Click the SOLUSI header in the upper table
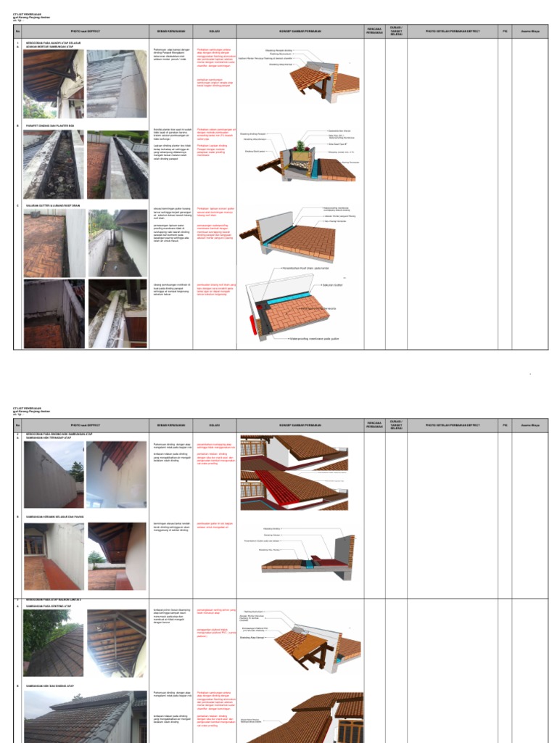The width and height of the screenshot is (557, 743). pyautogui.click(x=215, y=31)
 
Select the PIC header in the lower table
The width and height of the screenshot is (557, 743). pyautogui.click(x=505, y=424)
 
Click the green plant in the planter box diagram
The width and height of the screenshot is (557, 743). pyautogui.click(x=298, y=148)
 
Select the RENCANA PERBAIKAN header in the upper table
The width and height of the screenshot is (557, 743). pyautogui.click(x=375, y=30)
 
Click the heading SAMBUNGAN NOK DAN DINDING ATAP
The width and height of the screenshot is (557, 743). pyautogui.click(x=55, y=686)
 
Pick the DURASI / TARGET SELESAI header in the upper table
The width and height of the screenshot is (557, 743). pyautogui.click(x=397, y=30)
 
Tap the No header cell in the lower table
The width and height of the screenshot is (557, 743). pyautogui.click(x=18, y=424)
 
